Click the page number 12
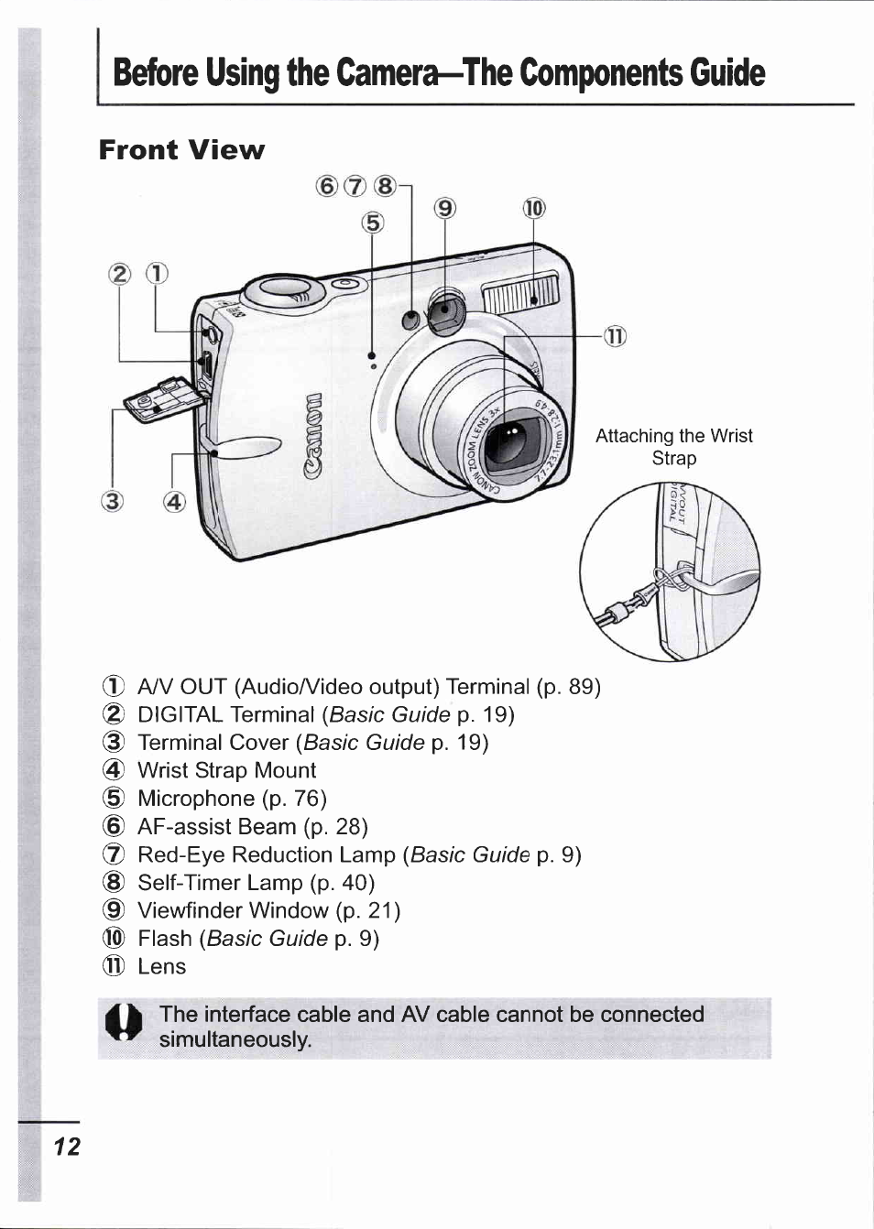pyautogui.click(x=67, y=1147)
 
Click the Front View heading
pyautogui.click(x=181, y=150)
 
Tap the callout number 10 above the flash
pyautogui.click(x=533, y=209)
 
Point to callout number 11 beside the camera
pyautogui.click(x=615, y=336)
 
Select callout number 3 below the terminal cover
pyautogui.click(x=112, y=501)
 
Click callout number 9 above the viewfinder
pyautogui.click(x=444, y=209)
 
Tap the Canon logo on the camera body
pyautogui.click(x=313, y=436)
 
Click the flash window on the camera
pyautogui.click(x=519, y=294)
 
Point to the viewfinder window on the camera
pyautogui.click(x=446, y=313)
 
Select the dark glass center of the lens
pyautogui.click(x=507, y=445)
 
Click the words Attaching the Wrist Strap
pyautogui.click(x=673, y=446)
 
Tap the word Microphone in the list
pyautogui.click(x=195, y=799)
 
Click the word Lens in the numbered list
pyautogui.click(x=161, y=966)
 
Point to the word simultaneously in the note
pyautogui.click(x=235, y=1039)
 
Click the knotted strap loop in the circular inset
pyautogui.click(x=671, y=579)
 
